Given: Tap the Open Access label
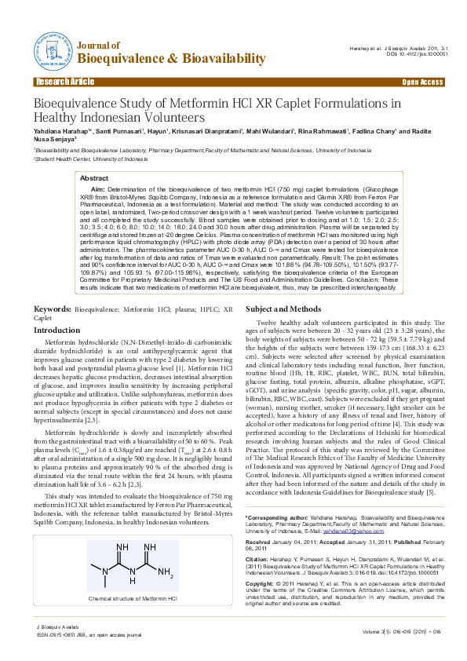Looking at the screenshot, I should [422, 82].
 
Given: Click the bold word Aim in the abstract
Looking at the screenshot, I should [97, 190].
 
